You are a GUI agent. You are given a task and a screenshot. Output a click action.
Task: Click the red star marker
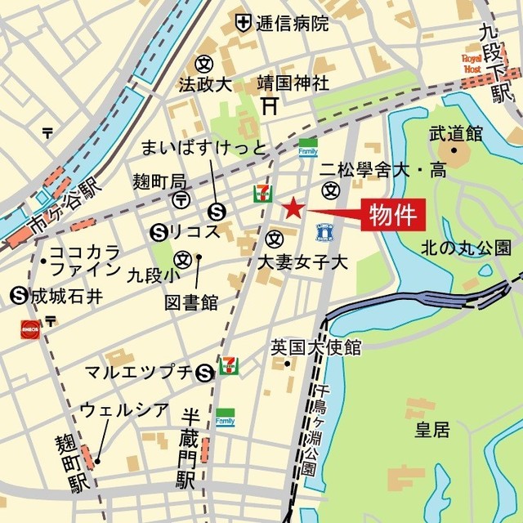pos(293,208)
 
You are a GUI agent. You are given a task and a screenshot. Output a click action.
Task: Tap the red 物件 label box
pos(395,217)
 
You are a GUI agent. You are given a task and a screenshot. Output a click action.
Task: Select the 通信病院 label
pos(293,23)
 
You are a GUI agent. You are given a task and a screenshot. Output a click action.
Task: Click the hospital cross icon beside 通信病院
pos(243,22)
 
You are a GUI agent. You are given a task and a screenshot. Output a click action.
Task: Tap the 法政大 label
pos(206,83)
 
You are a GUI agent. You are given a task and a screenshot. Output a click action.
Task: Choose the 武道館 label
pos(455,132)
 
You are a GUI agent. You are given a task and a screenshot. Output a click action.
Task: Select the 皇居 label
pos(431,430)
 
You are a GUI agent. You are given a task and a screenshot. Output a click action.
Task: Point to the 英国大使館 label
pos(315,347)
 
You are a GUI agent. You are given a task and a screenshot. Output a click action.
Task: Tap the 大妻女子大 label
pos(302,262)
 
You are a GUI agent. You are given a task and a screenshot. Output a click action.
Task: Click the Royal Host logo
pos(474,65)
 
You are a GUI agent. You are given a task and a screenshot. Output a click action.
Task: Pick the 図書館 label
pos(191,302)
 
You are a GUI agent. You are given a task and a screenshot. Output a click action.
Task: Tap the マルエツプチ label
pos(139,373)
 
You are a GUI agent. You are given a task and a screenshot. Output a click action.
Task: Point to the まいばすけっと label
pos(203,148)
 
